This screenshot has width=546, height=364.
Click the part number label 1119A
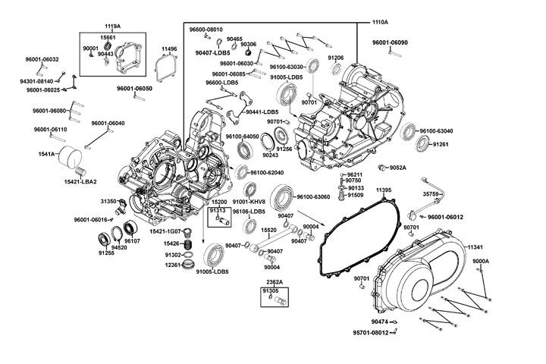tap(112, 27)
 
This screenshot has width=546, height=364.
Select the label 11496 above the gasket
tap(169, 49)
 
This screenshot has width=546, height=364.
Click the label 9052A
tap(397, 168)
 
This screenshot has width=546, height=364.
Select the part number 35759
tap(431, 194)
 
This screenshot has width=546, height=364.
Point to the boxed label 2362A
tap(274, 281)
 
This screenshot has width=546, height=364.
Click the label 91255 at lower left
tap(105, 253)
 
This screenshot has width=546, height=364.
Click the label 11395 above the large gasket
tap(384, 190)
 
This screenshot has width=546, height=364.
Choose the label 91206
tap(336, 58)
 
